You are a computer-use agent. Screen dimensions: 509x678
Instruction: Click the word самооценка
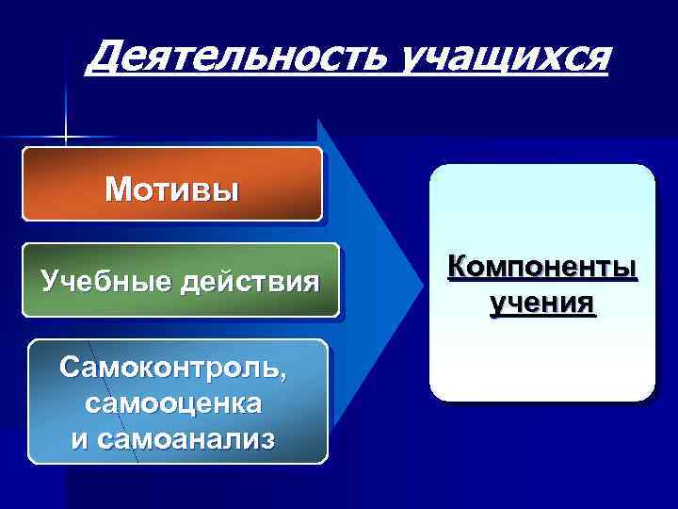172,403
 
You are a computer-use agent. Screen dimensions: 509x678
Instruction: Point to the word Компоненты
542,270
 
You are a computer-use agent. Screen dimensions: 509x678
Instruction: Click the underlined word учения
542,304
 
